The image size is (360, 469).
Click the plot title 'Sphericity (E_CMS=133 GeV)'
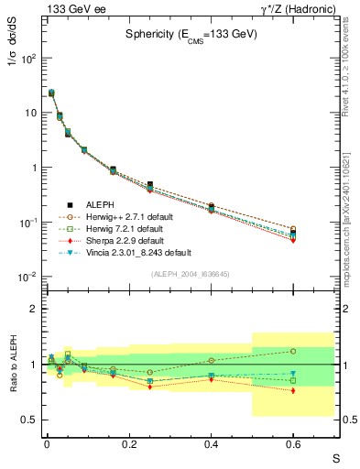coord(191,34)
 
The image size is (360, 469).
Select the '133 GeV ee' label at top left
coord(68,9)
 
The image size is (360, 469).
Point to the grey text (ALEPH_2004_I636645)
coord(191,274)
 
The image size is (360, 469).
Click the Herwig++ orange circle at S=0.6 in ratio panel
coord(293,351)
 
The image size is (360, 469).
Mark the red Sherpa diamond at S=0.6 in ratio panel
coord(293,390)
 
